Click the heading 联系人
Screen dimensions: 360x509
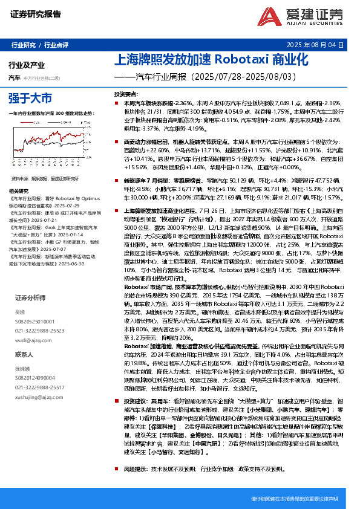(24, 354)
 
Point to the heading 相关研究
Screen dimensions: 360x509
(20, 190)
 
